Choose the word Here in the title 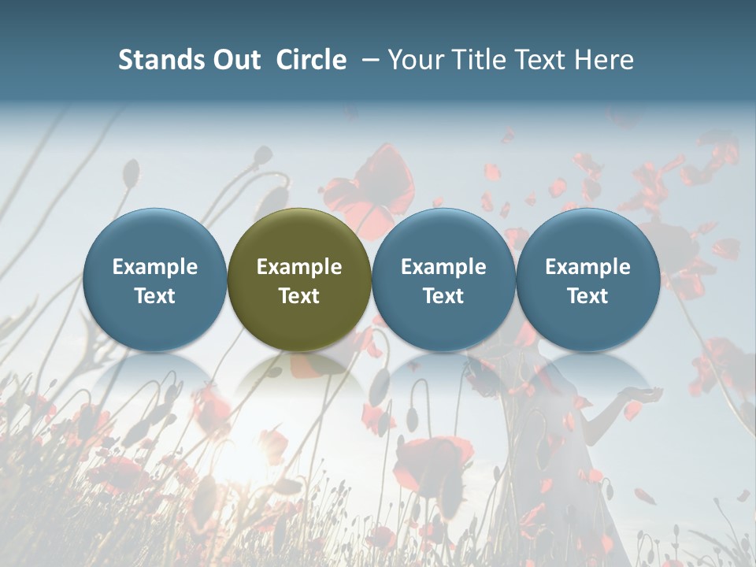(x=605, y=60)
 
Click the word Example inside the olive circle (x=299, y=268)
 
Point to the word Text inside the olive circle (x=299, y=296)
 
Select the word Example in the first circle (x=155, y=268)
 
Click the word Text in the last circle (x=587, y=296)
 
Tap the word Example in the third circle (x=443, y=268)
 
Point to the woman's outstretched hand (x=636, y=394)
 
